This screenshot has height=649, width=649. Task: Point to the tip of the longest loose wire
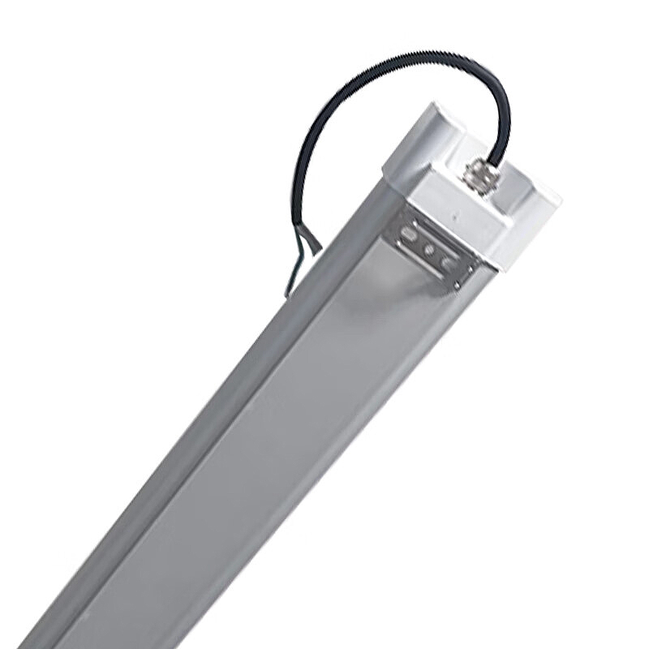point(286,294)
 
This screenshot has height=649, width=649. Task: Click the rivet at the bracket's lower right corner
point(458,284)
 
